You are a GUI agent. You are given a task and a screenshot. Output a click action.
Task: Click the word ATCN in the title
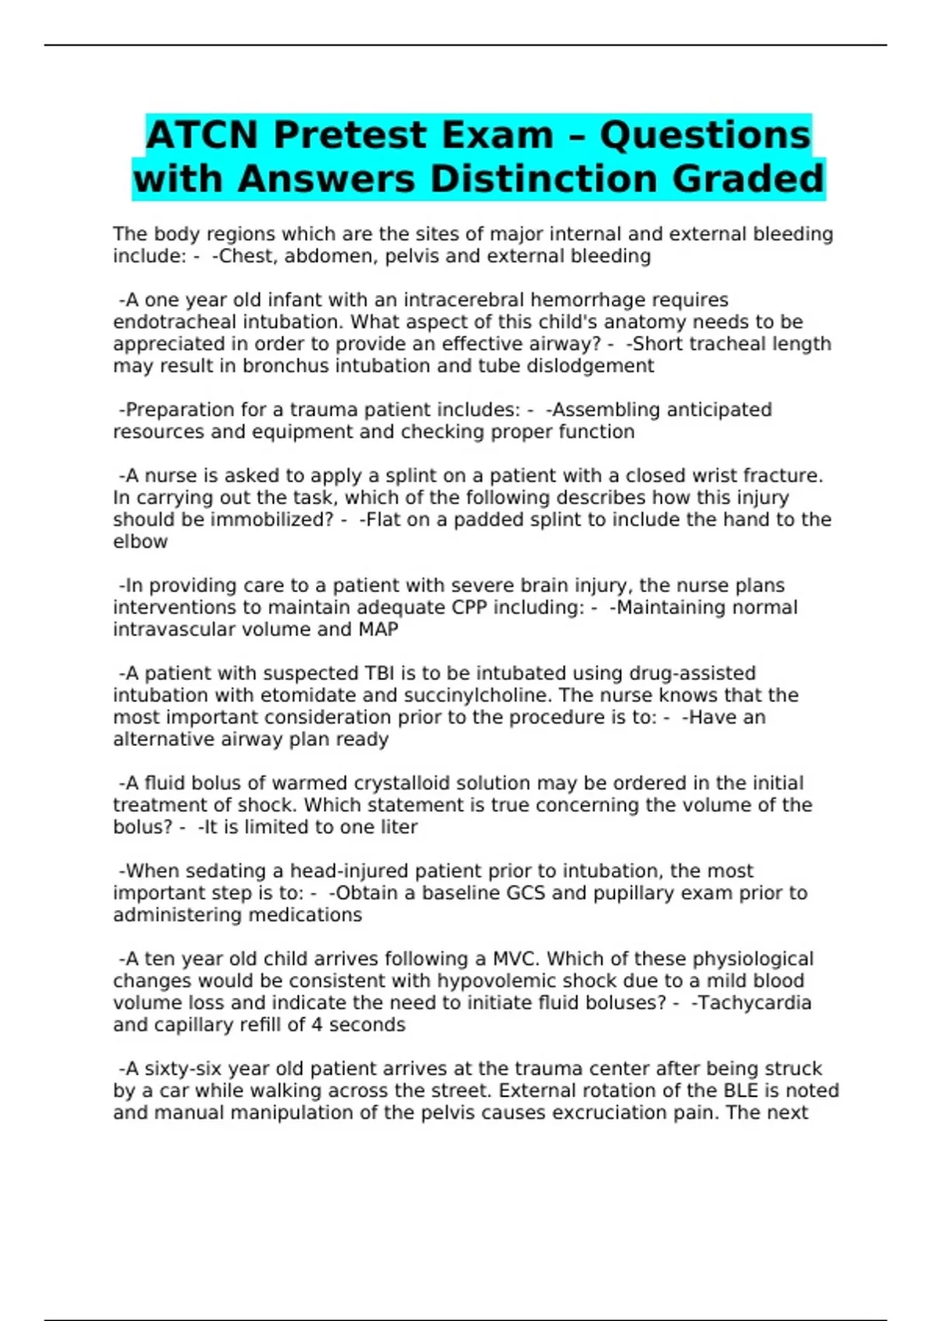(201, 135)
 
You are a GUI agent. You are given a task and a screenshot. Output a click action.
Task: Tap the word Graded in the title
(747, 179)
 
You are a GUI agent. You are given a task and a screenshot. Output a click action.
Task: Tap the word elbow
(140, 542)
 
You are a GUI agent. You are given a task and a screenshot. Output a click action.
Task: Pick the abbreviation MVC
(516, 959)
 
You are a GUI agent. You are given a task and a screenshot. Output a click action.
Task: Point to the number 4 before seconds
(317, 1025)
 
